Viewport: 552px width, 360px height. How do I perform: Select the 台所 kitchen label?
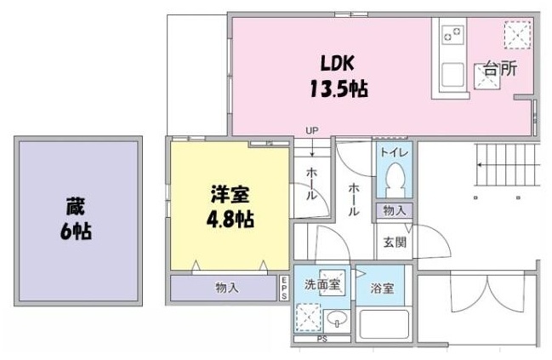[499, 71]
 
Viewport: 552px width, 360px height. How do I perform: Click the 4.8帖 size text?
[230, 218]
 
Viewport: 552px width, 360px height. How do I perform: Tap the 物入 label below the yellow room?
[226, 288]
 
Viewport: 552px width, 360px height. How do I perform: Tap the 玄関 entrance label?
[394, 242]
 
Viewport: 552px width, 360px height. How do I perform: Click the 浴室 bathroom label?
[383, 289]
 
